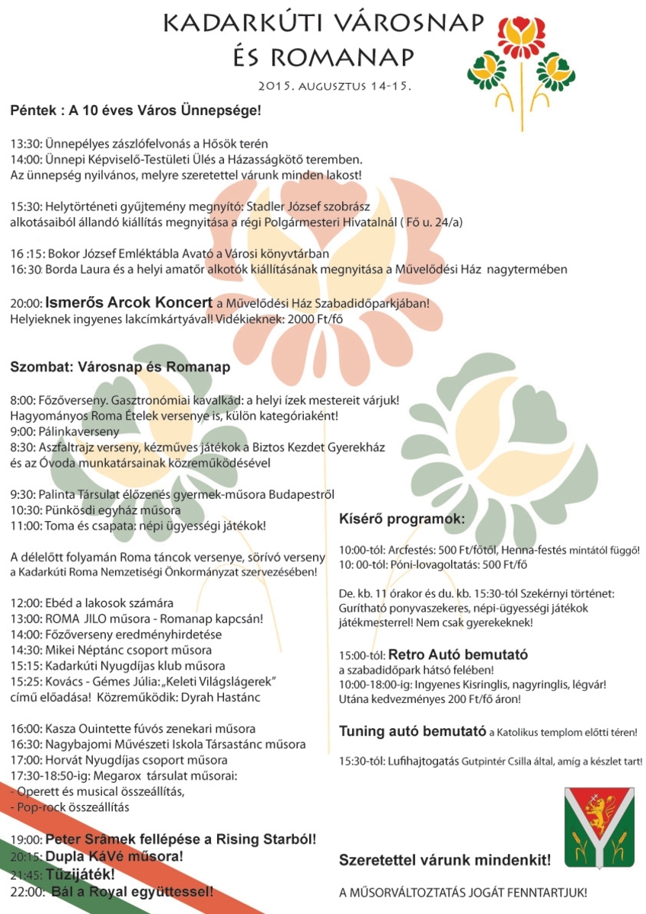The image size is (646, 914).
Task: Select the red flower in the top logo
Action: coord(523,33)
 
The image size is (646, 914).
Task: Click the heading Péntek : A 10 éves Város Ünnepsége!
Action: coord(136,111)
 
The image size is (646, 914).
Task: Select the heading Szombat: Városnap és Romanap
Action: coord(120,367)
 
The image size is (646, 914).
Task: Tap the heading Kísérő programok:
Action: coord(401,519)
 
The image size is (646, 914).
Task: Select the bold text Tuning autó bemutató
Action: coord(412,732)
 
